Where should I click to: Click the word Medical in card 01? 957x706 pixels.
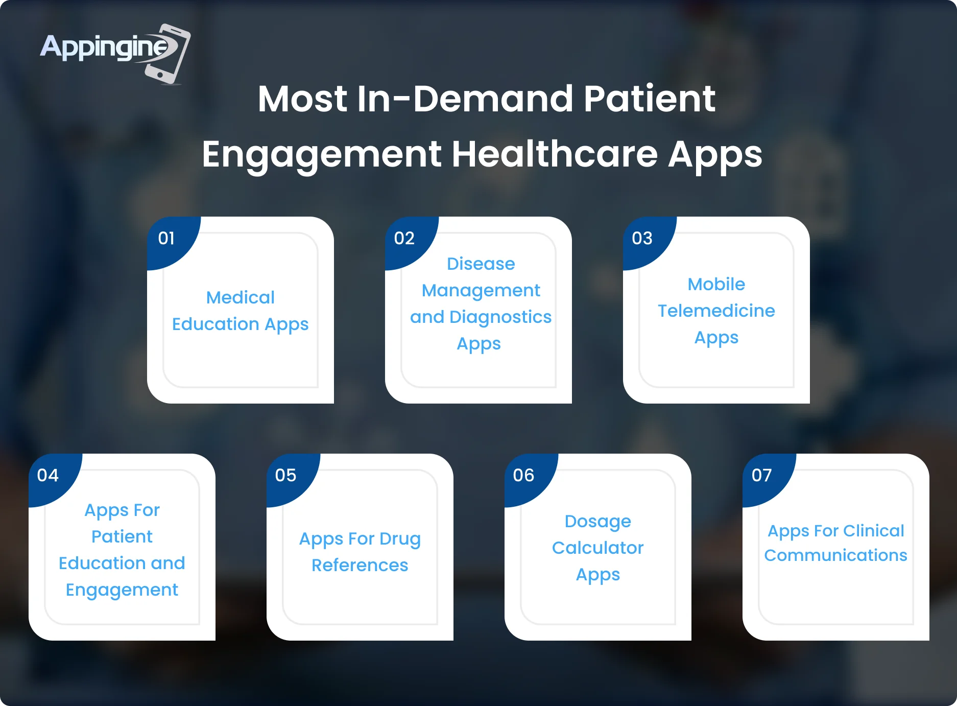(x=241, y=297)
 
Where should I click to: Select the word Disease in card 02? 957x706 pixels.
(x=481, y=264)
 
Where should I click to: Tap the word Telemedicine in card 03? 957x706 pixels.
(x=716, y=311)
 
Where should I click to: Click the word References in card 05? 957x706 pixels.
(x=360, y=565)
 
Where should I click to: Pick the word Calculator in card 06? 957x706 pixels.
(x=598, y=548)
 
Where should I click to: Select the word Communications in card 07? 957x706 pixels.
(x=836, y=555)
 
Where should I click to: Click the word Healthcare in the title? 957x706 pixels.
(x=555, y=153)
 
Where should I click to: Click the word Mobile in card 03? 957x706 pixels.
(x=716, y=284)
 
